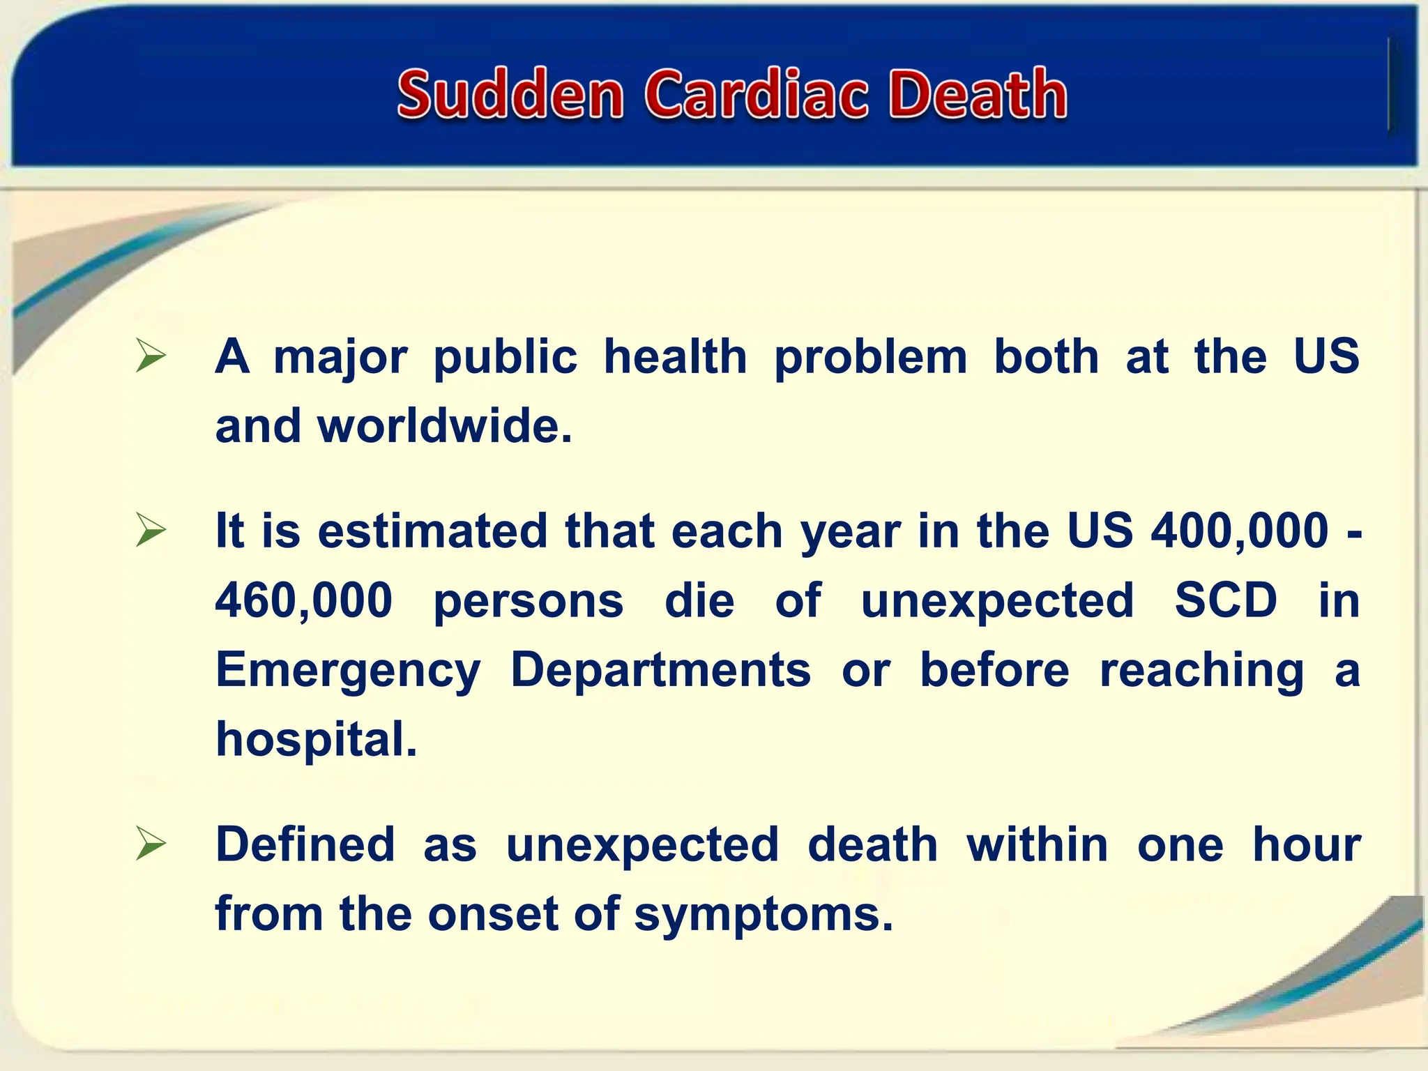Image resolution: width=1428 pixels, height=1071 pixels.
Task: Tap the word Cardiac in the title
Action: pos(756,94)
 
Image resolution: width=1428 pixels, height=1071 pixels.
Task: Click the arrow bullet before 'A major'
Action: pos(151,356)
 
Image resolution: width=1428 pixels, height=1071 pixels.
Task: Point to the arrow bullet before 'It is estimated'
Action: pos(151,531)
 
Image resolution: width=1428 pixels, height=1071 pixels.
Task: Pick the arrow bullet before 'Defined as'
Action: pos(151,844)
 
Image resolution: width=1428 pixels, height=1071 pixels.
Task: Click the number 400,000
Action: pos(1239,531)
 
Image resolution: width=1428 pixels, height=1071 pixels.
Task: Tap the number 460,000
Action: pos(303,600)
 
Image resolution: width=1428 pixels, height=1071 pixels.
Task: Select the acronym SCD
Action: pos(1225,600)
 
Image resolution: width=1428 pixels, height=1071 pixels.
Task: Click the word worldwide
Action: pos(444,426)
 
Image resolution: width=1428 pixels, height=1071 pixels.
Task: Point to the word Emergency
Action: pos(348,671)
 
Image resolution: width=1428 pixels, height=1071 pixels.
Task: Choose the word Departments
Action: pos(660,670)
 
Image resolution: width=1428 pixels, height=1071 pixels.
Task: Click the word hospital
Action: pos(316,740)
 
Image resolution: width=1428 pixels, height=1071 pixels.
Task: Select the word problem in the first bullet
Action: pos(871,357)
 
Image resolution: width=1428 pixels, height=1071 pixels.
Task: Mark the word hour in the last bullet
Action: pos(1307,844)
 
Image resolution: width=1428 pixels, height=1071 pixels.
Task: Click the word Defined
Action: pos(305,844)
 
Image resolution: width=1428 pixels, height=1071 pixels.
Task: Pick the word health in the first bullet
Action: pos(675,356)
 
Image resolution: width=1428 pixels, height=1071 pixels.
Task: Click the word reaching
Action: pos(1201,671)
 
